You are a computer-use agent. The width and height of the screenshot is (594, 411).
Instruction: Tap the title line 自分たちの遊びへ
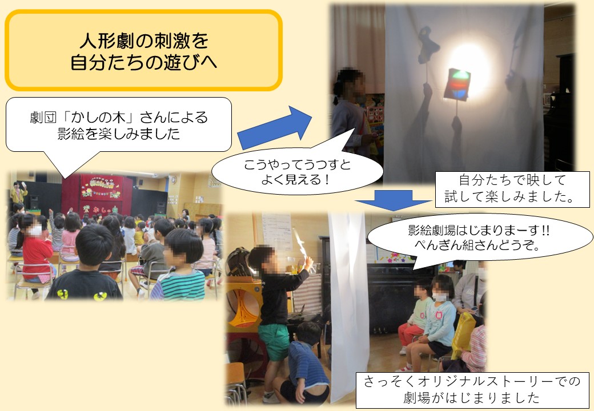click(x=143, y=62)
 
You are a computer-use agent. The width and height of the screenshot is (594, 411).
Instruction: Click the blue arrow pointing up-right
click(x=275, y=127)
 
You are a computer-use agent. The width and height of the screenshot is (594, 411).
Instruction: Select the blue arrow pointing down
click(x=393, y=199)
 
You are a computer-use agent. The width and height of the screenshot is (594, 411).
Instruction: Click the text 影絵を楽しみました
click(x=119, y=134)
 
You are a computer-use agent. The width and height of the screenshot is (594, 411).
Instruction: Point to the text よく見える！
click(x=296, y=179)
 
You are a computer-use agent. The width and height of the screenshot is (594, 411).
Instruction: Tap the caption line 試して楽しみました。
click(x=512, y=197)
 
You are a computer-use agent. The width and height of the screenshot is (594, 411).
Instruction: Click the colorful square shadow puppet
click(x=457, y=84)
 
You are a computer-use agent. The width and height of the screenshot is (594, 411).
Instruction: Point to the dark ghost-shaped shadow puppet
click(x=428, y=45)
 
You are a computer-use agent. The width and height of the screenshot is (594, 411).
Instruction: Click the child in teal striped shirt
click(x=181, y=265)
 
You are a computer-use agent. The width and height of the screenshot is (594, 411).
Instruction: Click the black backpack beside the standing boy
click(x=238, y=262)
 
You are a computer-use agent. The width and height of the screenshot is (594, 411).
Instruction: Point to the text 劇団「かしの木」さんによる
click(x=119, y=117)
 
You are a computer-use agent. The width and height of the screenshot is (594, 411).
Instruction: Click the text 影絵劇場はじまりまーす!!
click(x=479, y=229)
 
